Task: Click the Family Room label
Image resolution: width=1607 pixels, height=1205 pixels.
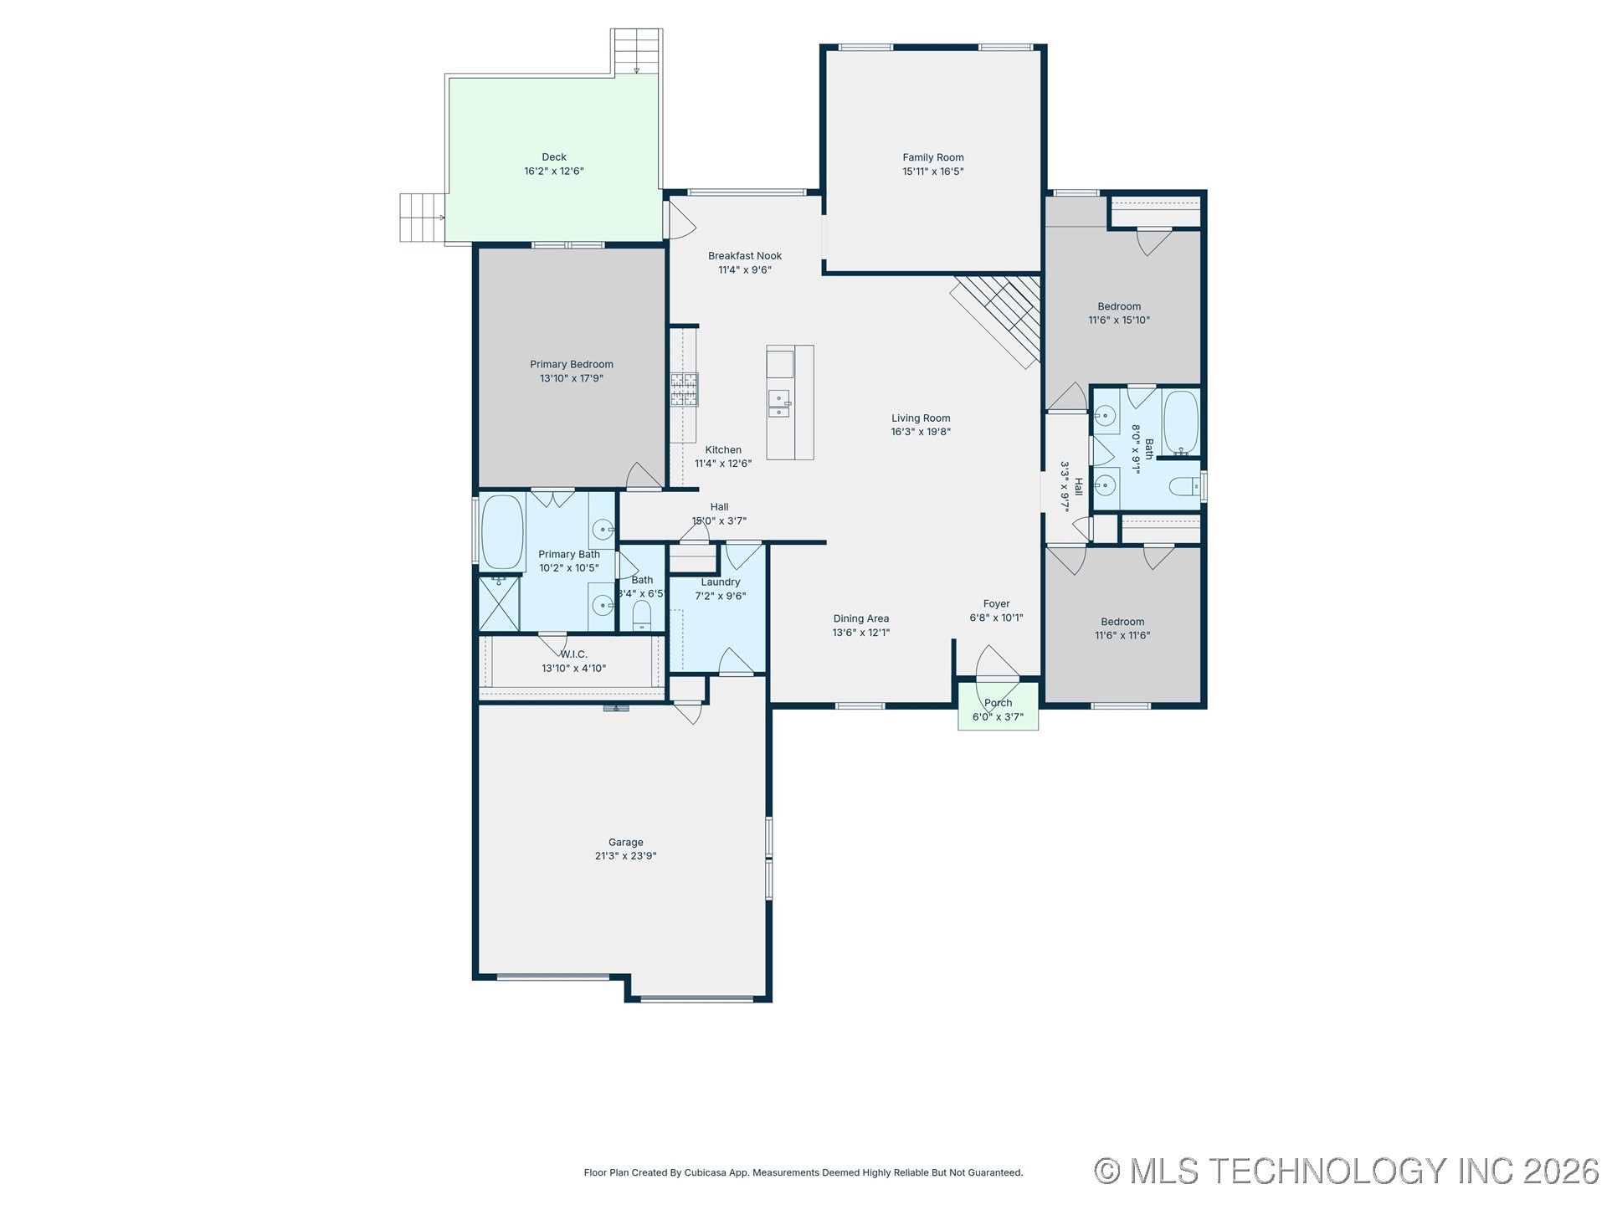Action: point(932,157)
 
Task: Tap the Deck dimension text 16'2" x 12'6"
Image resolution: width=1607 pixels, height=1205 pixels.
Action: point(553,172)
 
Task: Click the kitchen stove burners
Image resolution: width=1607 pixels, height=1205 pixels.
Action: point(684,390)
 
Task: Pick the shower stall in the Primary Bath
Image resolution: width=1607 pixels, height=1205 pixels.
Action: point(499,602)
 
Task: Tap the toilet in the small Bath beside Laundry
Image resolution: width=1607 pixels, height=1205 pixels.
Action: point(641,615)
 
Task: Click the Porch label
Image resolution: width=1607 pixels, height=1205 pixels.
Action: point(998,703)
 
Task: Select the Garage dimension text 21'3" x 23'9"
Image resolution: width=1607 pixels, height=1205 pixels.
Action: point(625,856)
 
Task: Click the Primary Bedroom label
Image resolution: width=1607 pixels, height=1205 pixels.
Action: point(571,364)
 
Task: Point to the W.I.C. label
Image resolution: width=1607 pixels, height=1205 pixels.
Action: point(574,654)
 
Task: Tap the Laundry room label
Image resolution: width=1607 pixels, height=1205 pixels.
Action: point(720,582)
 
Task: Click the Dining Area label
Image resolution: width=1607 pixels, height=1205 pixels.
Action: point(860,618)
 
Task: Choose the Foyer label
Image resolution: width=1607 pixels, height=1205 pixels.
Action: point(996,603)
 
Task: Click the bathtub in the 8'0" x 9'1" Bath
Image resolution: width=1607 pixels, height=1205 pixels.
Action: point(1181,423)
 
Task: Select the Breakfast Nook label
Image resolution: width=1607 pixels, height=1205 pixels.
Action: point(744,256)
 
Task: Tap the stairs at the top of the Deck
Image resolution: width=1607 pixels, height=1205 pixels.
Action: point(636,51)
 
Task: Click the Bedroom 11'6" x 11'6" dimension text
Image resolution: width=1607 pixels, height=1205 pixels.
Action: point(1122,635)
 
